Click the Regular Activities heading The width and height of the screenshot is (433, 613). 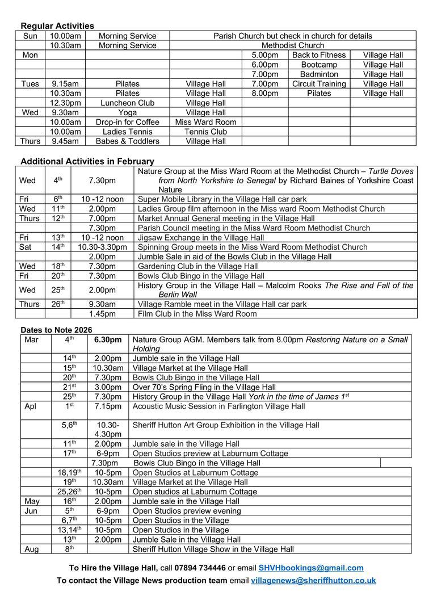(57, 26)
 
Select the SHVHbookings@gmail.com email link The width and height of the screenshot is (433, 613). (311, 568)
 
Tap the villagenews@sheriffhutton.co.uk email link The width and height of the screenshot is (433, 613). (313, 580)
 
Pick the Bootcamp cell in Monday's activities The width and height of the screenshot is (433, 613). (319, 65)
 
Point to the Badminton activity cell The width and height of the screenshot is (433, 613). (319, 74)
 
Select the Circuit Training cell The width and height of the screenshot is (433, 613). (319, 84)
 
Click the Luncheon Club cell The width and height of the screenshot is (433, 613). (127, 103)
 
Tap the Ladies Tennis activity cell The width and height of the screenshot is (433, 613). (127, 132)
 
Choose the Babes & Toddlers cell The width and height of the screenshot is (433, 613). (127, 141)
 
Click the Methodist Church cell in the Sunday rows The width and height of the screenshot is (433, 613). (293, 45)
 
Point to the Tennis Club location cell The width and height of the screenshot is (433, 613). (205, 132)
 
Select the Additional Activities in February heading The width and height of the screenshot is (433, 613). (87, 161)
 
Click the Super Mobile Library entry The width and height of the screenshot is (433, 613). (222, 199)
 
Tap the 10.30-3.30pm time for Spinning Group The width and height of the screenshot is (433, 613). (102, 247)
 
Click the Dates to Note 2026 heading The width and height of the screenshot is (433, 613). (56, 330)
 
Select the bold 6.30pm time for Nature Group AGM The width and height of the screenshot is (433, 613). (108, 340)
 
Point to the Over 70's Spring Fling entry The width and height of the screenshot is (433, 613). (204, 387)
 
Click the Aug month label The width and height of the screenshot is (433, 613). (31, 549)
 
